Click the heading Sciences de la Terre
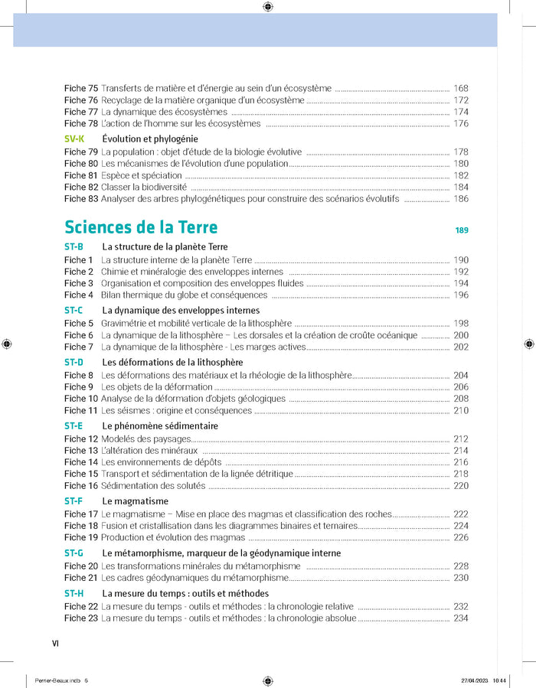pyautogui.click(x=141, y=228)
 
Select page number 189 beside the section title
pyautogui.click(x=461, y=230)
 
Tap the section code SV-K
pyautogui.click(x=74, y=139)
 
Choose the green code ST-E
pyautogui.click(x=74, y=426)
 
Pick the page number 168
pyautogui.click(x=461, y=89)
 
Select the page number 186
pyautogui.click(x=461, y=199)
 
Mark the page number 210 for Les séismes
pyautogui.click(x=461, y=411)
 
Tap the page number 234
pyautogui.click(x=461, y=618)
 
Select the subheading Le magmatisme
pyautogui.click(x=136, y=501)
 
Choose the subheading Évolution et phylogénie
pyautogui.click(x=150, y=139)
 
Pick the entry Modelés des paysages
pyautogui.click(x=145, y=439)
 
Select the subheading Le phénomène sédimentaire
pyautogui.click(x=160, y=426)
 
